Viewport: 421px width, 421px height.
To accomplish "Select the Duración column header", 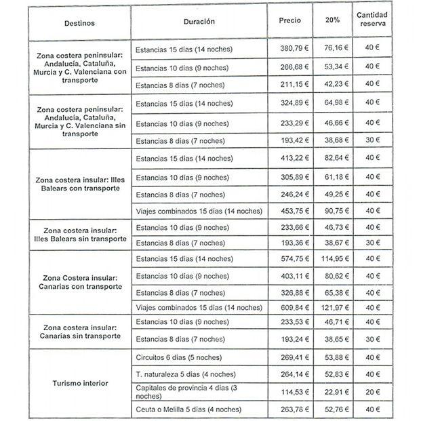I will tap(199, 22).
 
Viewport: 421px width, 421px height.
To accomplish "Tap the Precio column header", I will tap(289, 22).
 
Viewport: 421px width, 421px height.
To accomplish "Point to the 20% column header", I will tap(332, 22).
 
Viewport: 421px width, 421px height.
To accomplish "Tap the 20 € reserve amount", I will tap(372, 391).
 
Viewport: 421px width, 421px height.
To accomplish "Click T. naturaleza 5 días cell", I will tap(183, 373).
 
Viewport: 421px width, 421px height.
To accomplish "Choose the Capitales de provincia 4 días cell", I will tap(192, 391).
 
